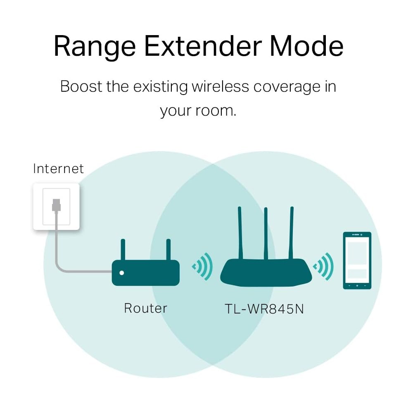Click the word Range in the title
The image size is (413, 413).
(95, 47)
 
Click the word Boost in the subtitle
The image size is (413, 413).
(81, 86)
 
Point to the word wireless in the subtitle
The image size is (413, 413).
(220, 86)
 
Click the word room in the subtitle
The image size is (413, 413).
(216, 111)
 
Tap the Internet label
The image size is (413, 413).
(59, 169)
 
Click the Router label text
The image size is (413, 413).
(146, 308)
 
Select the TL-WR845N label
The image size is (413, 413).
(264, 309)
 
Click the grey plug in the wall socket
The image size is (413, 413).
(56, 205)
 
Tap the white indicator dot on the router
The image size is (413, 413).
(122, 273)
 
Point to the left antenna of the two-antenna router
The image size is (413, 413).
(123, 249)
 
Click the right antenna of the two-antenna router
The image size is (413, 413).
(169, 249)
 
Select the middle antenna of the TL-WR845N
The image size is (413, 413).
(266, 233)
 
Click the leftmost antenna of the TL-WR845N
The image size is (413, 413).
(240, 233)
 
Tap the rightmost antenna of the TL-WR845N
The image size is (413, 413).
(291, 233)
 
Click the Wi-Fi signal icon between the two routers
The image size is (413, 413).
(202, 266)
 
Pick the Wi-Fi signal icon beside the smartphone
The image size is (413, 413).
(323, 266)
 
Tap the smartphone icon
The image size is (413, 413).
(357, 261)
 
